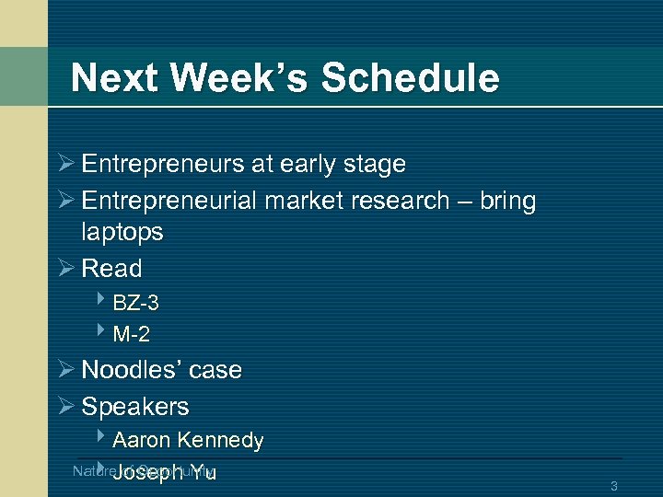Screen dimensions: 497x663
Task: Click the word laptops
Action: (122, 232)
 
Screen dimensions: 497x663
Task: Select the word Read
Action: (111, 269)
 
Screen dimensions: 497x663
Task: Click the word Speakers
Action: (135, 407)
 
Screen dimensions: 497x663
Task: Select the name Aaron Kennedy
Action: (188, 441)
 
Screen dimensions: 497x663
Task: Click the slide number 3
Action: (613, 485)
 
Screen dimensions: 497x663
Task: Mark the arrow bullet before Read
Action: (66, 269)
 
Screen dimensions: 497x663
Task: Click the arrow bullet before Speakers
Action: (66, 407)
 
